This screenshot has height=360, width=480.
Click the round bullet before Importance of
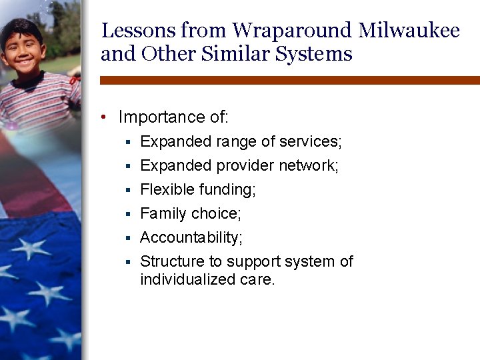tap(105, 118)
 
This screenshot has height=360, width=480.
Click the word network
tap(311, 165)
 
